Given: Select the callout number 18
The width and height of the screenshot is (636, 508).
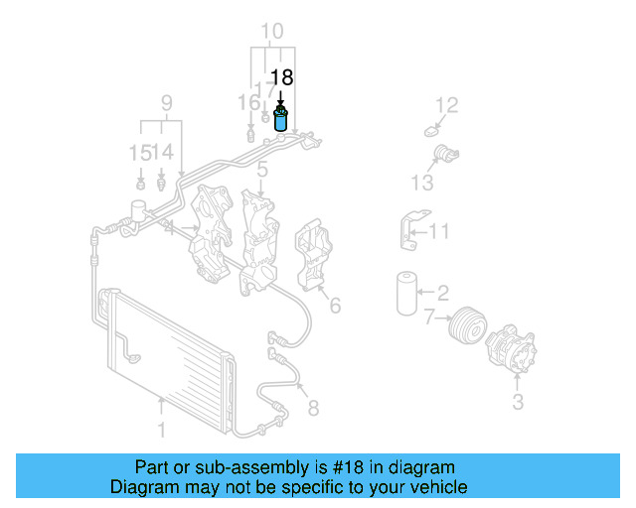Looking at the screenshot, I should coord(281,77).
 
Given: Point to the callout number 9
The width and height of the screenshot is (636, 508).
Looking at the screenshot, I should coord(166,102).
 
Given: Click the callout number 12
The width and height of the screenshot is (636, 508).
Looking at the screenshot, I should coord(448,104).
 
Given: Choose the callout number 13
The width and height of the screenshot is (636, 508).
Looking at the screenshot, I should coord(422,183).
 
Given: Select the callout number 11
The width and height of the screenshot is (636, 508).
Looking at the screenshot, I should coord(438,232).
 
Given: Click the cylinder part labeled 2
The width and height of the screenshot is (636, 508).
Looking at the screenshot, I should coord(404,292).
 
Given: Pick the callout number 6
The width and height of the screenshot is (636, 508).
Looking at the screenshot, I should coord(335,306).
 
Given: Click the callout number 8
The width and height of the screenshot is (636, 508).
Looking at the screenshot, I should coord(312,407).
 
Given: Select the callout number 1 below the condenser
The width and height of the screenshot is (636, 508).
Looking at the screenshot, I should coord(161,432).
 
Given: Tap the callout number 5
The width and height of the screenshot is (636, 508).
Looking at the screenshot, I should coord(261,171).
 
